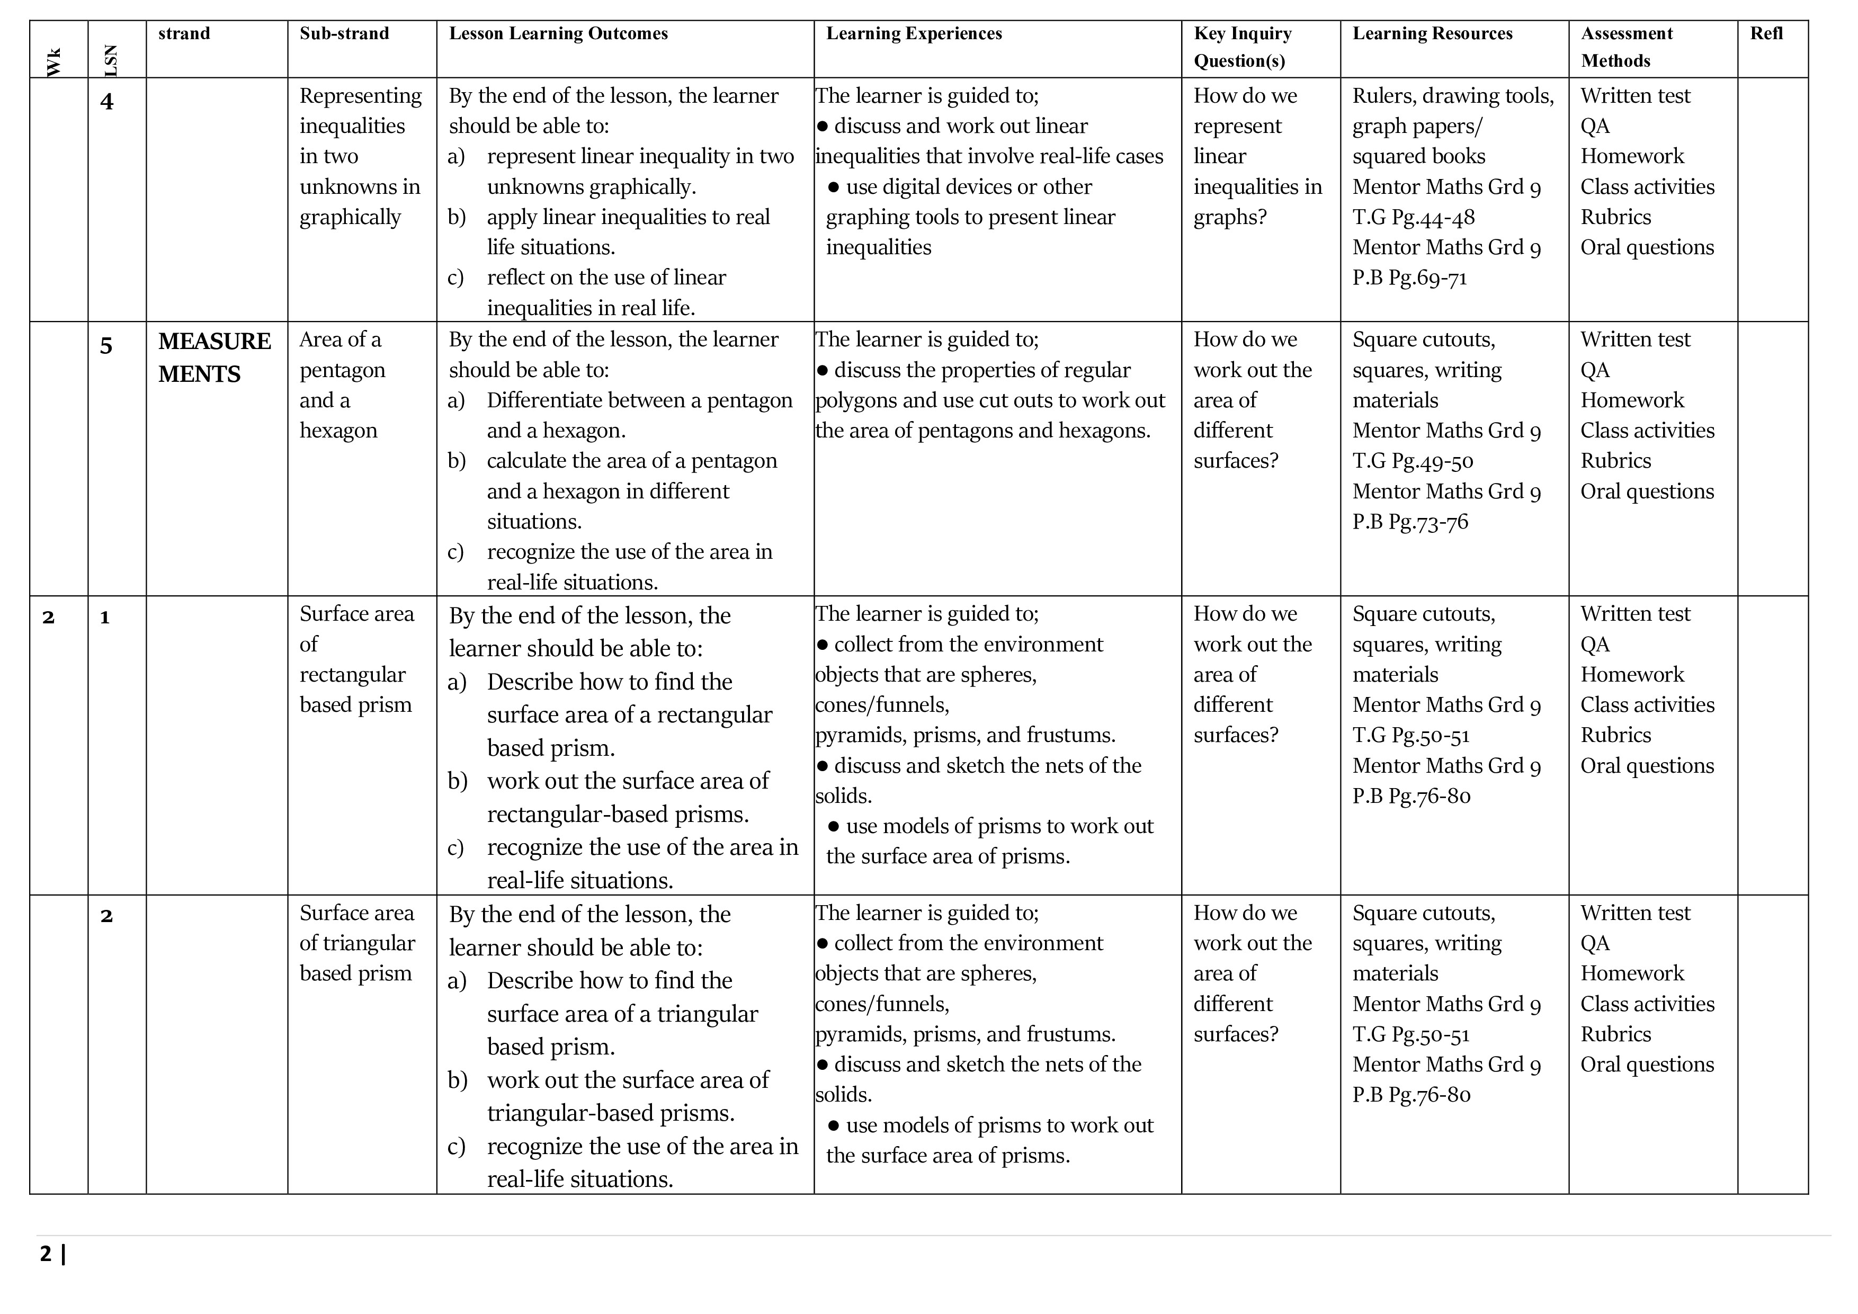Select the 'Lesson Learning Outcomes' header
point(558,33)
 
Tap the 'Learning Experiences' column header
point(914,33)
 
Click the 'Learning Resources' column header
point(1432,33)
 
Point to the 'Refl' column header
point(1766,33)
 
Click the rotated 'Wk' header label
point(54,62)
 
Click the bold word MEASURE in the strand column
point(215,342)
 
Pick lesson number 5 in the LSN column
point(106,346)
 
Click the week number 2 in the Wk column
point(49,618)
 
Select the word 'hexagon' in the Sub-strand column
point(338,431)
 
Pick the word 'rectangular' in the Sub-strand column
point(352,675)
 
